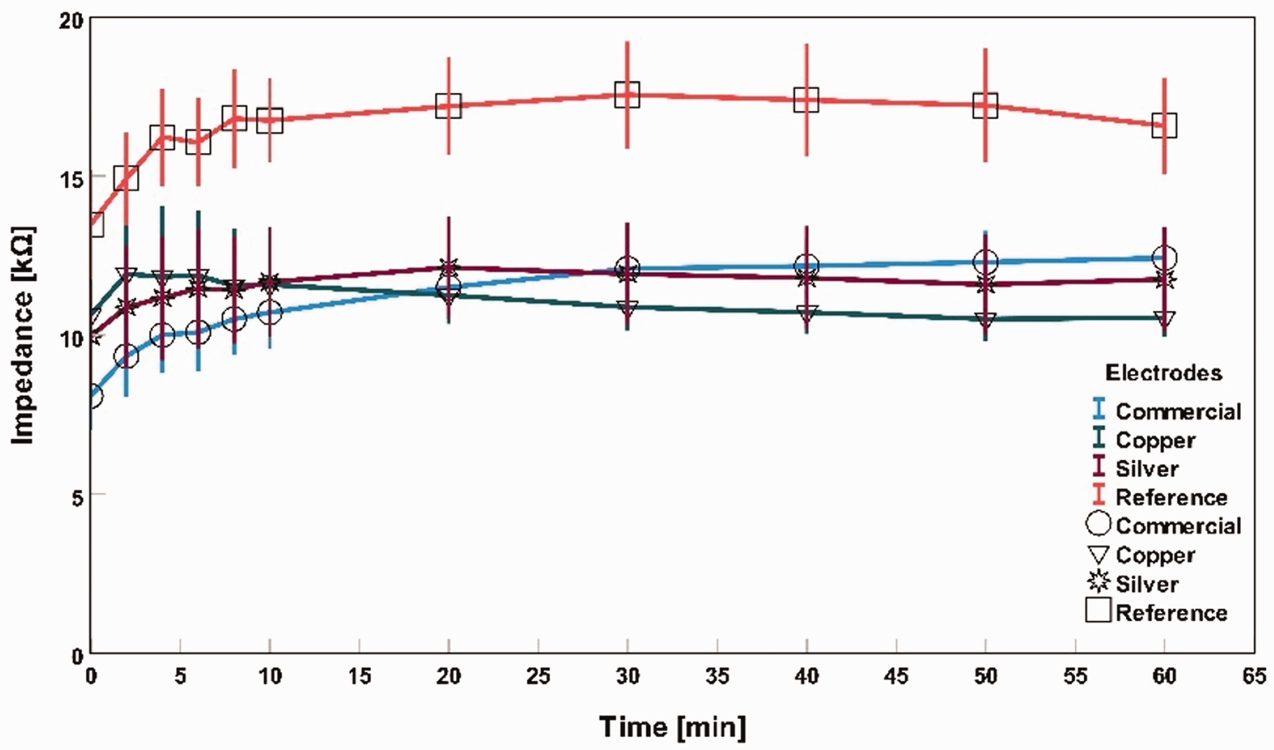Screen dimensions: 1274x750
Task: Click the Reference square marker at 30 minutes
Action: click(x=627, y=95)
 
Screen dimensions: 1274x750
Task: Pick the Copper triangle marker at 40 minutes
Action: click(x=806, y=313)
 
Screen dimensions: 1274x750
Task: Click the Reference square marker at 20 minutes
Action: click(x=448, y=105)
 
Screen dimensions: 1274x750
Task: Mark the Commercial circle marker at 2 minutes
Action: click(x=127, y=356)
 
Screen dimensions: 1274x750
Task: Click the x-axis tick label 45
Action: click(x=896, y=677)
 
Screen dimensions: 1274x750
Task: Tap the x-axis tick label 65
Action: click(x=1254, y=677)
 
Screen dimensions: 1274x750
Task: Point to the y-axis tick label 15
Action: click(x=71, y=180)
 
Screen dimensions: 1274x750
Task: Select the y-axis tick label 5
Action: click(x=77, y=498)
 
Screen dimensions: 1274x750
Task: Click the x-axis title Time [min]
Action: click(x=672, y=727)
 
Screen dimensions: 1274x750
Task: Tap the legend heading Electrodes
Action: click(x=1163, y=373)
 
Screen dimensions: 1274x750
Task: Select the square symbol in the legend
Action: click(x=1098, y=610)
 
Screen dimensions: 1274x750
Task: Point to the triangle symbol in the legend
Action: click(x=1098, y=554)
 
